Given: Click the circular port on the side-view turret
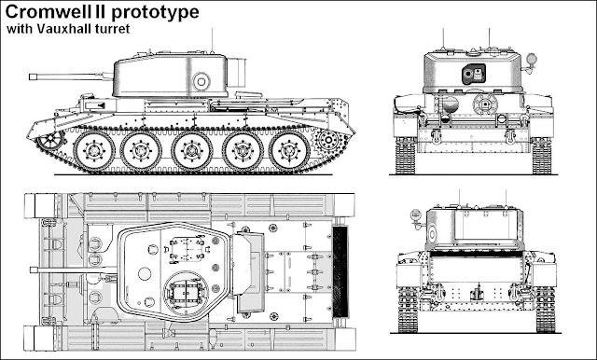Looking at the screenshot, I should (199, 82).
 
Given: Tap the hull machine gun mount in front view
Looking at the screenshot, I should (484, 102).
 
